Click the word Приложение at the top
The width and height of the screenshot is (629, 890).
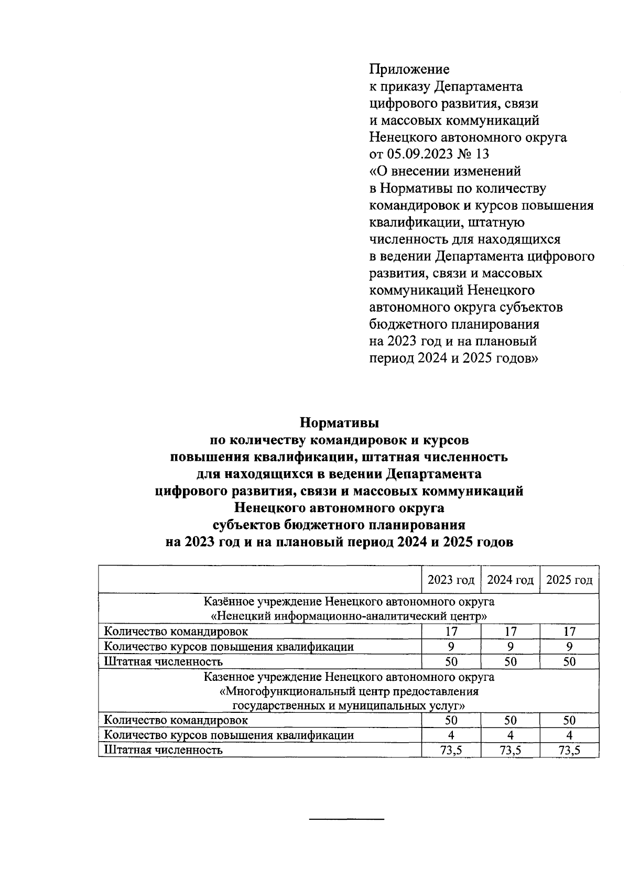coord(409,69)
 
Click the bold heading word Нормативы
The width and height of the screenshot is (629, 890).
coord(339,422)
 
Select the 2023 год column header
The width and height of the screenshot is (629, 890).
coord(451,580)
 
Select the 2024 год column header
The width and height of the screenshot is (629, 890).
coord(510,580)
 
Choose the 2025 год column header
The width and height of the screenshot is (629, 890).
coord(569,580)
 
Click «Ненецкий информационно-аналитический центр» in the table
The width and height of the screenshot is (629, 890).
coord(349,616)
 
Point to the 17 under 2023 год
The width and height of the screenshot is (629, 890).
coord(451,632)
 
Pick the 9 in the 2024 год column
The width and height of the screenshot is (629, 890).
coord(510,647)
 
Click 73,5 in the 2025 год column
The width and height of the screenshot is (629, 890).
coord(569,750)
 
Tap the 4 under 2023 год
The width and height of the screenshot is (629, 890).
coord(451,735)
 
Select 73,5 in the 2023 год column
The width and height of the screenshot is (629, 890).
coord(451,750)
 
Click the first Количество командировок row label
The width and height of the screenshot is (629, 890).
coord(176,632)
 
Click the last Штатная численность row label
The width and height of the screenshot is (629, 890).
coord(164,750)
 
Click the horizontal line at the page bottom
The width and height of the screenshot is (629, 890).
coord(347,819)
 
